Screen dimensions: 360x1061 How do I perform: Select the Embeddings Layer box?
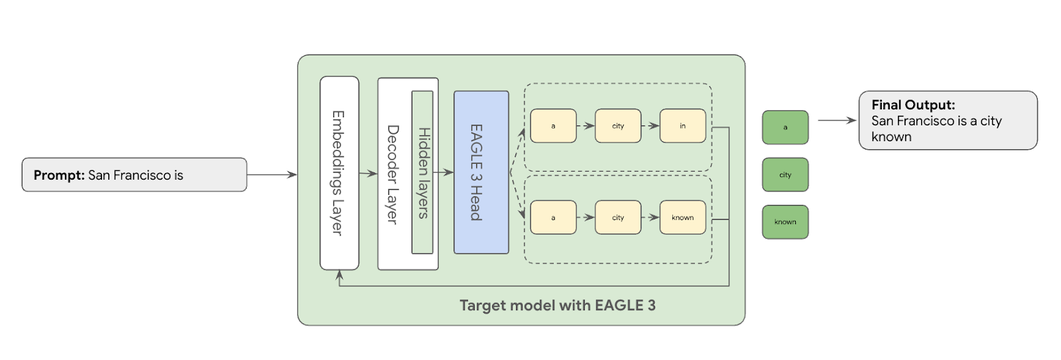pyautogui.click(x=339, y=173)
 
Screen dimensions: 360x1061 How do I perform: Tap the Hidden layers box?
pyautogui.click(x=422, y=172)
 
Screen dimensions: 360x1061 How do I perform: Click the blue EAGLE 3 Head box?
pyautogui.click(x=481, y=172)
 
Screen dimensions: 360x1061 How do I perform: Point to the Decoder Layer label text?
pyautogui.click(x=393, y=174)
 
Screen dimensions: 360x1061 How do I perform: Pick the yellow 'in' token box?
pyautogui.click(x=682, y=126)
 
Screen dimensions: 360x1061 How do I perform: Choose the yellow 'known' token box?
pyautogui.click(x=682, y=217)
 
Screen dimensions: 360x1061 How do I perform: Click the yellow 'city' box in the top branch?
pyautogui.click(x=618, y=126)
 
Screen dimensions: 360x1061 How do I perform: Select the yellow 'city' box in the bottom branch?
pyautogui.click(x=618, y=217)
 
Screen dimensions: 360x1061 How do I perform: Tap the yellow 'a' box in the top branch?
pyautogui.click(x=553, y=126)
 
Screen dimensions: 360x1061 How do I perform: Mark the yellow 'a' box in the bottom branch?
pyautogui.click(x=553, y=217)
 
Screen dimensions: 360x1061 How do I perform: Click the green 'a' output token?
pyautogui.click(x=785, y=127)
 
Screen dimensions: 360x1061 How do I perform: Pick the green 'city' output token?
pyautogui.click(x=785, y=175)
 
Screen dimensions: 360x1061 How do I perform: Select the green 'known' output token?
pyautogui.click(x=785, y=222)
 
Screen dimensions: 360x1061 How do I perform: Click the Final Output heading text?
pyautogui.click(x=913, y=105)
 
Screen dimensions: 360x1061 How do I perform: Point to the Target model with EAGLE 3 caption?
pyautogui.click(x=557, y=306)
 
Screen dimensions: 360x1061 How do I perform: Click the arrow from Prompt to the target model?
pyautogui.click(x=272, y=175)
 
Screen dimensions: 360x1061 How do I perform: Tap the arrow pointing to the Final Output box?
pyautogui.click(x=837, y=121)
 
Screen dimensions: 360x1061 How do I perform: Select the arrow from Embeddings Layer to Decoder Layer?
pyautogui.click(x=368, y=174)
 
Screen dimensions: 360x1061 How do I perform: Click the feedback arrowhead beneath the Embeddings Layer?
pyautogui.click(x=340, y=274)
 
